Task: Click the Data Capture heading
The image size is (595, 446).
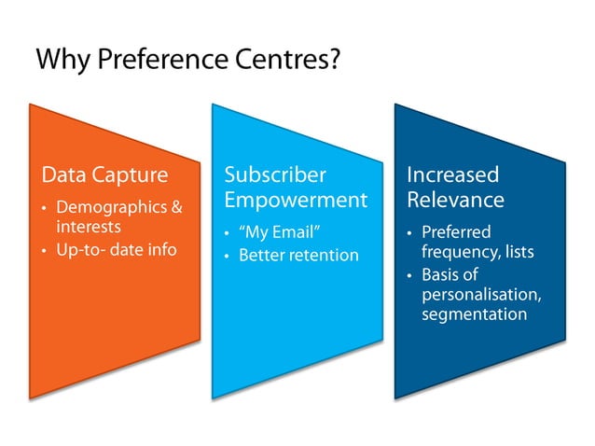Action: point(105,175)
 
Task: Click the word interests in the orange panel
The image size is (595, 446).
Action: point(89,227)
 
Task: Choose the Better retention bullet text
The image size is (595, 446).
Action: point(298,255)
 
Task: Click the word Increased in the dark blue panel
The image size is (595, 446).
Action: point(453,175)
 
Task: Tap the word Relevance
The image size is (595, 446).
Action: point(455,200)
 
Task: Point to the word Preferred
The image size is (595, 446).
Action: point(456,231)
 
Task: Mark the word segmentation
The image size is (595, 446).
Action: point(474,314)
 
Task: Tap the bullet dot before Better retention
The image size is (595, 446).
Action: point(228,256)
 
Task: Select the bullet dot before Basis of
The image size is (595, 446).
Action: point(409,275)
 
